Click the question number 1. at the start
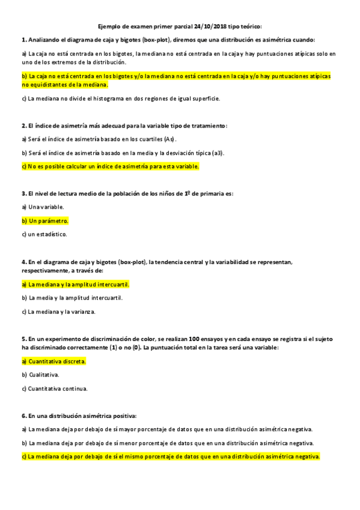pyautogui.click(x=24, y=40)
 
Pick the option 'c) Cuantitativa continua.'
pyautogui.click(x=55, y=389)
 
